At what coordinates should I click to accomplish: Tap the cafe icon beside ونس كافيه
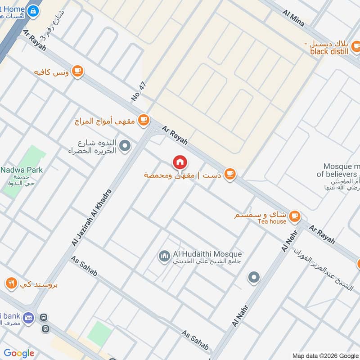click(78, 71)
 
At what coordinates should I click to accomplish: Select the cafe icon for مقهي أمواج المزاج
click(143, 120)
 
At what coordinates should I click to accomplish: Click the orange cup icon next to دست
click(229, 174)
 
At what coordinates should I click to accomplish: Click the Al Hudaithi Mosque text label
click(207, 254)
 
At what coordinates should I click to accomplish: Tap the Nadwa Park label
click(22, 170)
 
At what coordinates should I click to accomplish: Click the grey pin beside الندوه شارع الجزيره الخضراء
click(126, 146)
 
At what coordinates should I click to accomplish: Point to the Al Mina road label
click(293, 18)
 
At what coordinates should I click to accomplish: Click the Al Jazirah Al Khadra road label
click(91, 217)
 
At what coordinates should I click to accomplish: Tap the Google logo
click(19, 353)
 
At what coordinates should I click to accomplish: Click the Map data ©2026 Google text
click(325, 355)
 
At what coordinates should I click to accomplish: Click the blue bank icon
click(29, 317)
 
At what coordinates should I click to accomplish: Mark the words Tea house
click(272, 221)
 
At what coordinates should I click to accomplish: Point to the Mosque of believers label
click(338, 170)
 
